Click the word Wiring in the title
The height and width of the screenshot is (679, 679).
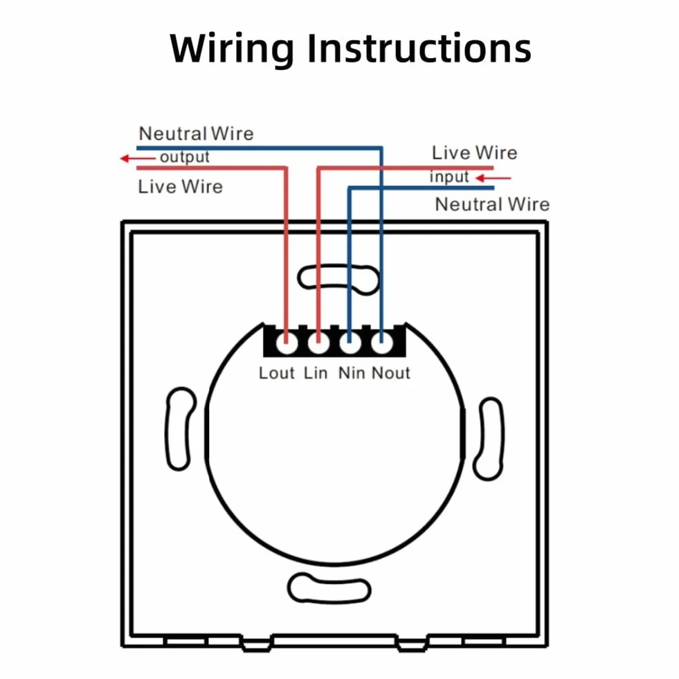point(232,49)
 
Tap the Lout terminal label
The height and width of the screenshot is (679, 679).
point(276,373)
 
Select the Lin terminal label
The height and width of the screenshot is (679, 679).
point(315,373)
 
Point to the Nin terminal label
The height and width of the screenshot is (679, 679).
point(351,373)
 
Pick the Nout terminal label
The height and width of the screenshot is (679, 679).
point(390,373)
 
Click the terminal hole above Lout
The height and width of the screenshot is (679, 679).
point(287,344)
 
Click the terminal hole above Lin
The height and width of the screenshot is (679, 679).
point(318,344)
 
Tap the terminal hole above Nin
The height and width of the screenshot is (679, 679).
point(350,344)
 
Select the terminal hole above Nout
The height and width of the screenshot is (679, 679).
point(381,344)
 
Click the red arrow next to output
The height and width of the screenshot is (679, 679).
point(137,159)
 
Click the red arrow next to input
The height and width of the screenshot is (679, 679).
point(494,178)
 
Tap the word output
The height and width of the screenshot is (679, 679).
point(185,157)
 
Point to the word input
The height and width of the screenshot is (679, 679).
point(449,176)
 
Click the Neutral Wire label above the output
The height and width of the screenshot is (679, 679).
point(196,134)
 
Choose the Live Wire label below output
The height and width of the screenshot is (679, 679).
point(180,187)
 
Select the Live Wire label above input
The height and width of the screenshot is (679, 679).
point(475,153)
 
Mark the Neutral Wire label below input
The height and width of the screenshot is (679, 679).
point(492,204)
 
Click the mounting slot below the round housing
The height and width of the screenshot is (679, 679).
point(329,588)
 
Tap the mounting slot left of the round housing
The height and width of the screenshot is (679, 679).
point(179,428)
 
